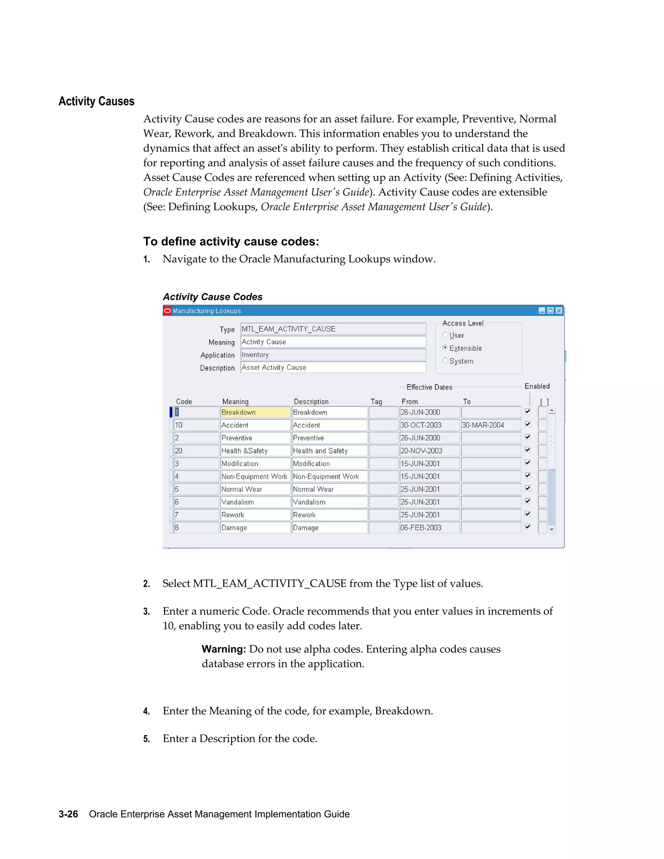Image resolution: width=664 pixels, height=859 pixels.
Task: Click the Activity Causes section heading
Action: tap(96, 101)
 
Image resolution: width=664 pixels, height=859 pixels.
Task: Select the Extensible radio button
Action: tap(445, 348)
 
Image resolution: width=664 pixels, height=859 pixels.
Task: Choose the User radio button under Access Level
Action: tap(445, 335)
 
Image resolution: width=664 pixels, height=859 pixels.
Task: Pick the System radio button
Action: tap(445, 361)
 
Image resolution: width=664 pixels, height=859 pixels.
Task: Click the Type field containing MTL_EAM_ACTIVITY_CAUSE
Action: tap(333, 329)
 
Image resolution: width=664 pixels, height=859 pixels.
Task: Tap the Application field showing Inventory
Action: tap(333, 355)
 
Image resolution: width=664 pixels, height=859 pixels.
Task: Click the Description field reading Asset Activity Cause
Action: tap(333, 367)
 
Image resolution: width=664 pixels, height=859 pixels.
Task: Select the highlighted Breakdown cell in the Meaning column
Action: tap(255, 412)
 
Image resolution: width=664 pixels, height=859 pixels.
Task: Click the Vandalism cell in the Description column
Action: tap(329, 502)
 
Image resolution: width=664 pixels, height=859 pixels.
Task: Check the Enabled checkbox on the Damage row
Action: tap(528, 527)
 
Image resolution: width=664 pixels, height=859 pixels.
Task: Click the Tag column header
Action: tap(376, 402)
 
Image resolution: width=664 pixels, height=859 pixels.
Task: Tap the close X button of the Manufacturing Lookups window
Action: tap(559, 311)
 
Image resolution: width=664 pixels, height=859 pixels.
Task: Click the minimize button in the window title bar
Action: tap(542, 311)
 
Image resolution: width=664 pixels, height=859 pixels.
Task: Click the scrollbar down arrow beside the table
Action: tap(551, 529)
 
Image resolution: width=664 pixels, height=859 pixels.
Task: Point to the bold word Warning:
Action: tap(223, 649)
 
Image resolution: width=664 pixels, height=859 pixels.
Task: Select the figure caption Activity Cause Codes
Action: tap(212, 297)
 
